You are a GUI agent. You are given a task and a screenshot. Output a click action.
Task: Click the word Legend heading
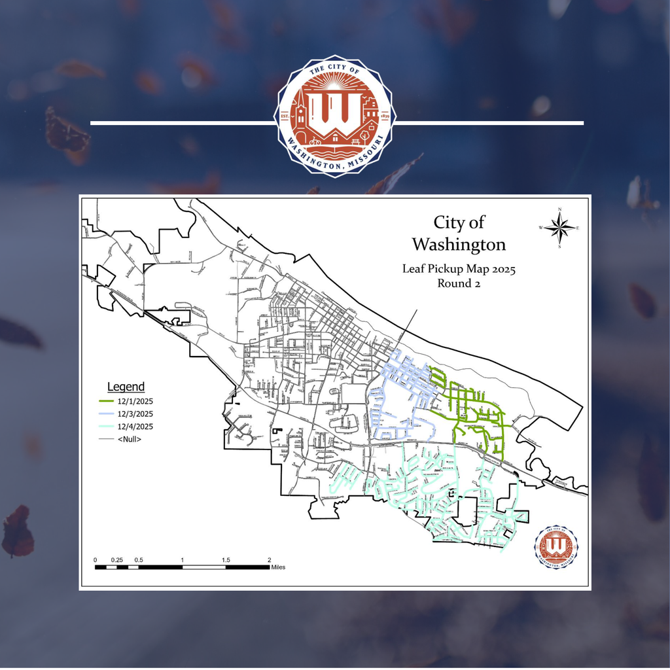click(x=126, y=387)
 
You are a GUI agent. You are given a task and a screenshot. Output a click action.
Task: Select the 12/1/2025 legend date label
click(x=135, y=400)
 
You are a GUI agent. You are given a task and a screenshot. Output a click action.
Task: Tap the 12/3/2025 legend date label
click(x=135, y=414)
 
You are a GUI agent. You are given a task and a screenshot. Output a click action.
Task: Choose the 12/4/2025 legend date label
click(x=135, y=427)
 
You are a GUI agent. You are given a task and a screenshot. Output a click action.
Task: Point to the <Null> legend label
click(x=130, y=439)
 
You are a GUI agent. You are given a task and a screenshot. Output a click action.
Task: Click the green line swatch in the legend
click(x=107, y=400)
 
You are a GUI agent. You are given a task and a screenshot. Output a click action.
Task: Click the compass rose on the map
click(x=559, y=228)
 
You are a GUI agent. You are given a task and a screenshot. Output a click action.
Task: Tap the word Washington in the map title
click(x=459, y=245)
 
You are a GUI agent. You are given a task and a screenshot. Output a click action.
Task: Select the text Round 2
click(x=459, y=283)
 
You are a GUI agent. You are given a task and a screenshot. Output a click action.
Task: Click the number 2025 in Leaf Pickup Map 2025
click(x=502, y=269)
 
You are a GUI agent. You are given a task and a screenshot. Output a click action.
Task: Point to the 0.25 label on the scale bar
click(x=116, y=560)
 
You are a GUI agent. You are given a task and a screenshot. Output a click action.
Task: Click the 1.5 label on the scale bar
click(x=225, y=560)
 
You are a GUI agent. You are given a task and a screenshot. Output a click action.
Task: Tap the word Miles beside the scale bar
click(x=278, y=567)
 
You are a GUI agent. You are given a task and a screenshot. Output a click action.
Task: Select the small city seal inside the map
click(x=556, y=546)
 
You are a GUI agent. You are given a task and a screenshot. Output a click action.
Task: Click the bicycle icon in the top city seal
click(x=315, y=141)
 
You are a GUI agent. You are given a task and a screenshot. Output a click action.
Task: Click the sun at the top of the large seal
click(x=335, y=86)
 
